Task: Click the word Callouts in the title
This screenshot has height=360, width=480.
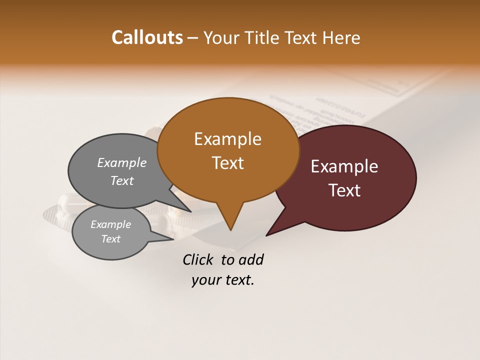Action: point(147,37)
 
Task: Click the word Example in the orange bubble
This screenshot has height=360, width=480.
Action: point(227,138)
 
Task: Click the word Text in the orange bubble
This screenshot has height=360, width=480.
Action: point(227,162)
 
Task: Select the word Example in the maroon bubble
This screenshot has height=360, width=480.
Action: point(344,166)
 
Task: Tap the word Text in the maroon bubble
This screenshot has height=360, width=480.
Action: point(344,190)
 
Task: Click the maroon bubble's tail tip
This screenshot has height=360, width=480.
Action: point(267,235)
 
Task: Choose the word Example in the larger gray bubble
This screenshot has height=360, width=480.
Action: point(122,162)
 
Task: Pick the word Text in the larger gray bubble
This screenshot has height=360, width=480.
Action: point(122,180)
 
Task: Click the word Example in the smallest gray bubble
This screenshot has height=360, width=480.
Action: point(110,224)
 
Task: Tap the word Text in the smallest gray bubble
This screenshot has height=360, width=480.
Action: point(110,239)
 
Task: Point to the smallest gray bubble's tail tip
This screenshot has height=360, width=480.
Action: point(173,239)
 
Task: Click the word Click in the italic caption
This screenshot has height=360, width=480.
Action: point(199,259)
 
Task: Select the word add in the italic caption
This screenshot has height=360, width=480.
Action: point(251,259)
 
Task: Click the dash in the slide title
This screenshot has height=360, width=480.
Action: point(193,38)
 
